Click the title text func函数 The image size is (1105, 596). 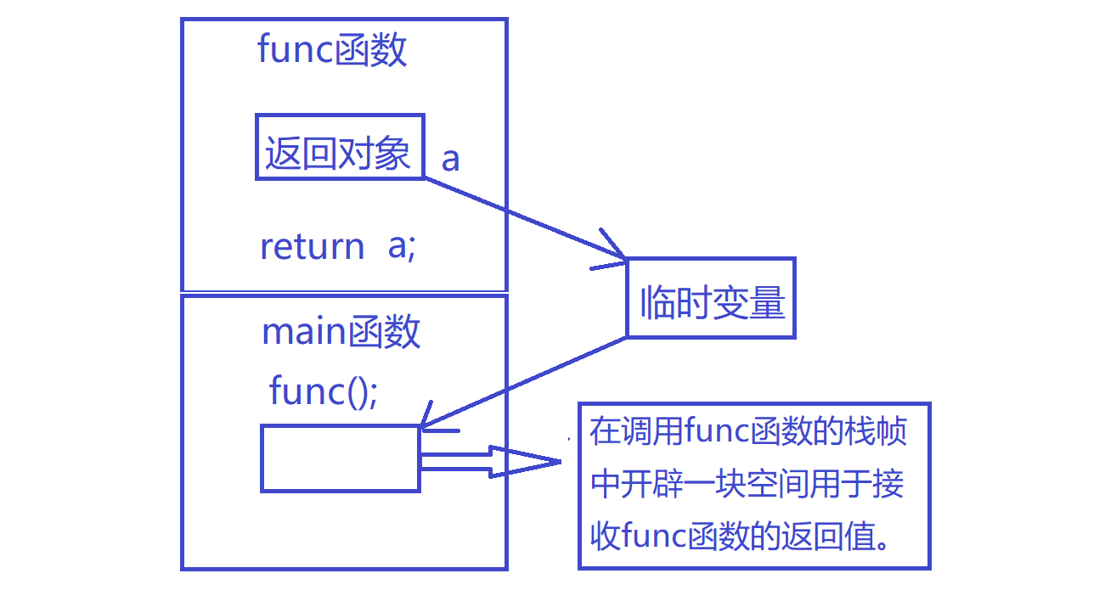tap(332, 51)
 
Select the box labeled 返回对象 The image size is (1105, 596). tap(339, 147)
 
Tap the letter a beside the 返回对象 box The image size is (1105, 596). tap(451, 159)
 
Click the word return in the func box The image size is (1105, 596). tap(312, 247)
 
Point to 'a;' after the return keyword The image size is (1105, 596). tap(402, 246)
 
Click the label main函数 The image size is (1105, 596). tap(341, 331)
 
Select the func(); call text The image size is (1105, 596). tap(324, 391)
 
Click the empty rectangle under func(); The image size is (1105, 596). tap(340, 458)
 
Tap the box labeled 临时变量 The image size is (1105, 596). tap(710, 299)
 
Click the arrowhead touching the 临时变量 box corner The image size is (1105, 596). tap(613, 253)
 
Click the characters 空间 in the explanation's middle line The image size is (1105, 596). tap(765, 485)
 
